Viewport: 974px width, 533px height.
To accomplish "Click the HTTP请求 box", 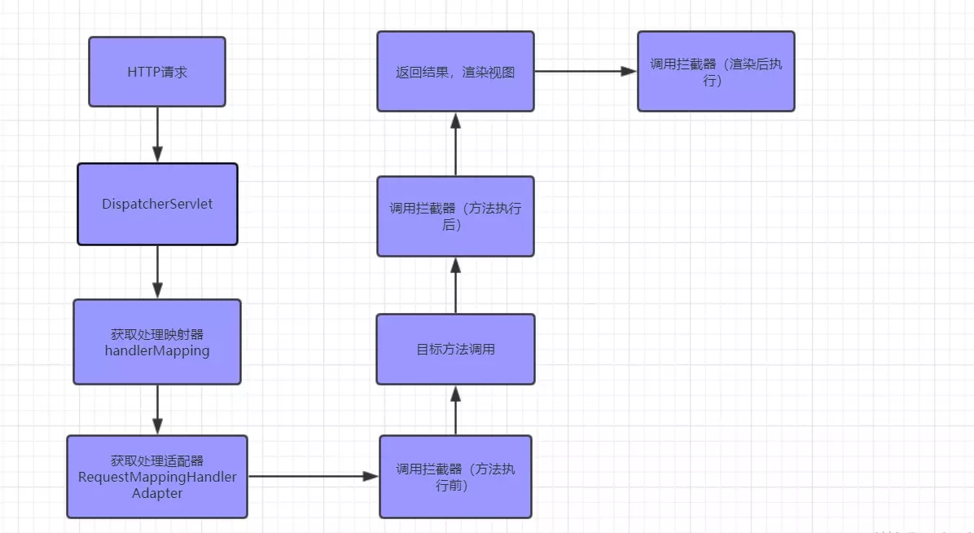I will [x=157, y=72].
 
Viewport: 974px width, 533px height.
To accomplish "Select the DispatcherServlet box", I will [x=157, y=204].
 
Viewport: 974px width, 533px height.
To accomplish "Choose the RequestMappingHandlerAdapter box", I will [x=157, y=476].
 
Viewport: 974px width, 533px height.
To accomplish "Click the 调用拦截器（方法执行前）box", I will [x=455, y=476].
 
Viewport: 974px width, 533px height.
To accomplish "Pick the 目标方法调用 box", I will [x=455, y=349].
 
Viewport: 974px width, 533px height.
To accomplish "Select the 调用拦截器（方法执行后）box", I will [x=455, y=216].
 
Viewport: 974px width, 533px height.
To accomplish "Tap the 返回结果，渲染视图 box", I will [x=455, y=72].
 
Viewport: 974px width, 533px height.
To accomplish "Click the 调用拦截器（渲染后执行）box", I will [x=716, y=72].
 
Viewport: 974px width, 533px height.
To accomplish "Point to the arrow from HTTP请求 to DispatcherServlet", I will [x=157, y=134].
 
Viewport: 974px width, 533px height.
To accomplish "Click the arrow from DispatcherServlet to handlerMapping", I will [x=157, y=271].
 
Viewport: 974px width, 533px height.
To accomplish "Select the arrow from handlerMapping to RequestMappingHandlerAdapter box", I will [x=157, y=409].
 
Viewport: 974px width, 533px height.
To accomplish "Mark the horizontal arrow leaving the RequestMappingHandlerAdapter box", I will [x=314, y=476].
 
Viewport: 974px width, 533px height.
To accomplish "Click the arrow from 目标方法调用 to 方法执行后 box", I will [x=455, y=285].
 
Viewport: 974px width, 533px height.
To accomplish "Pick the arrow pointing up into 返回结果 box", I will [x=455, y=143].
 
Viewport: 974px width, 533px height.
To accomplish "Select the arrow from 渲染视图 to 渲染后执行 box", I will [x=586, y=72].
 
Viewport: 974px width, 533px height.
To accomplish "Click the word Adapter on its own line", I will [x=157, y=493].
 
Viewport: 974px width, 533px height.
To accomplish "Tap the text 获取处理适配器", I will [x=157, y=461].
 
